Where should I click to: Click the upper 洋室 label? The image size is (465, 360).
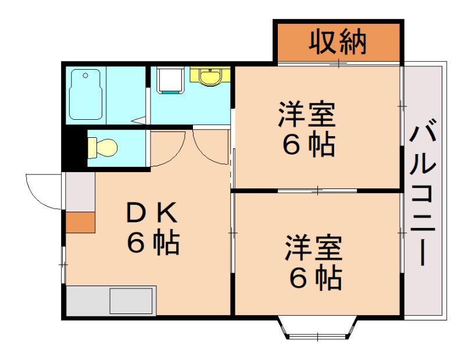tap(306, 114)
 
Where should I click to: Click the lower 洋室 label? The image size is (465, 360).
tap(314, 249)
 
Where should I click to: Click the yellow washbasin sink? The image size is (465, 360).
tap(210, 76)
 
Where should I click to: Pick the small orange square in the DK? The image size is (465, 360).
tap(80, 222)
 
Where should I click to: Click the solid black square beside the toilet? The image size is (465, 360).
tap(74, 149)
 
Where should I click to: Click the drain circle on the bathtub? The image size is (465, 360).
tap(85, 75)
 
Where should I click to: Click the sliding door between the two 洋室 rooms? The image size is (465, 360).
tap(317, 190)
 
